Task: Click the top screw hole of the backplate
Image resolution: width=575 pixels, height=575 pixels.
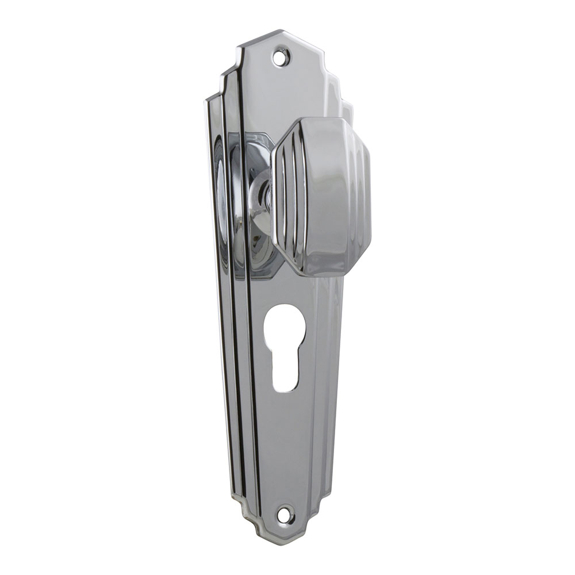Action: pos(281,56)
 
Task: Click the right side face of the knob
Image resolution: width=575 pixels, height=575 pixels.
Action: pos(363,195)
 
